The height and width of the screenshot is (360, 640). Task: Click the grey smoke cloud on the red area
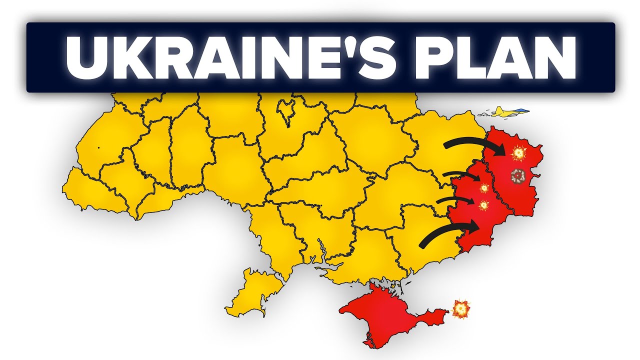point(518,175)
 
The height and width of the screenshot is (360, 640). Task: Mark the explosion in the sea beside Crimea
point(460,309)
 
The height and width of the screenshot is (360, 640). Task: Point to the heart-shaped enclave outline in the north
point(285,111)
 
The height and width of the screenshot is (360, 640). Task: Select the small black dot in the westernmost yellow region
point(98,147)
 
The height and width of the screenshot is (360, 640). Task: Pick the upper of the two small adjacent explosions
point(483,188)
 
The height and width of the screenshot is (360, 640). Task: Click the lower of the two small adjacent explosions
point(483,205)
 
